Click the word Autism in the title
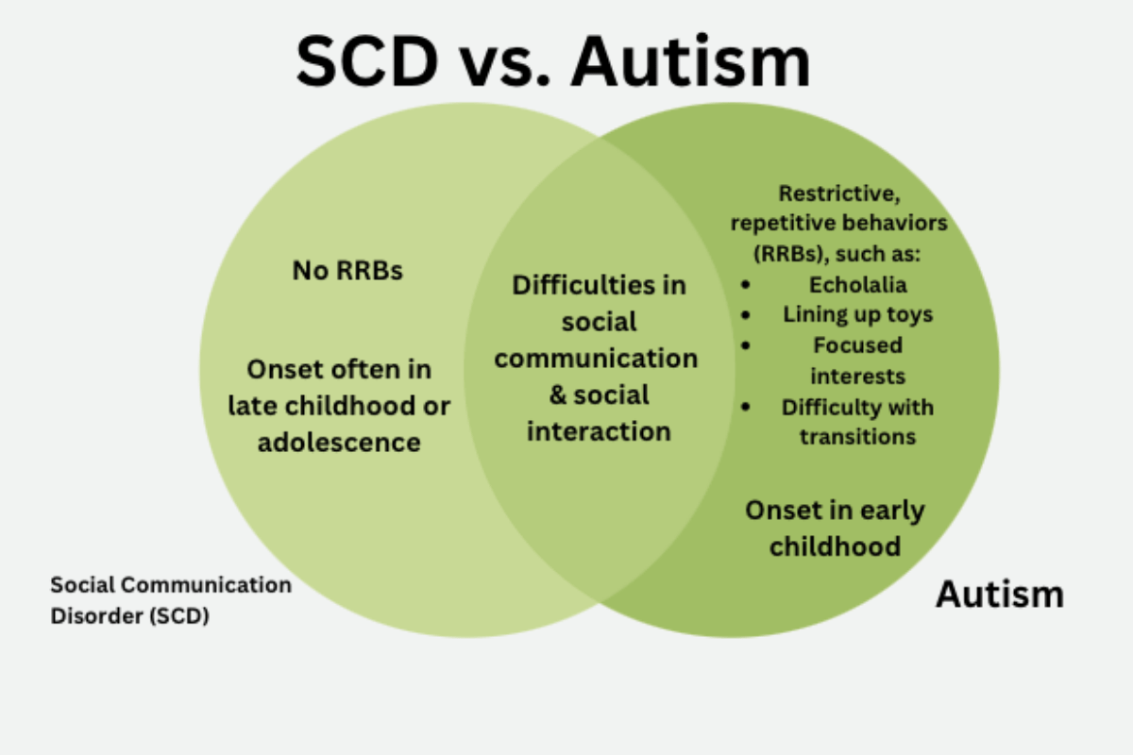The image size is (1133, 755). click(690, 61)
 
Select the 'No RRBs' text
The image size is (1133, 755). click(347, 271)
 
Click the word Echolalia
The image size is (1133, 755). click(857, 284)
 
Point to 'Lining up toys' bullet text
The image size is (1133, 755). click(857, 314)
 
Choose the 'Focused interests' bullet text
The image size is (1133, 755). click(857, 361)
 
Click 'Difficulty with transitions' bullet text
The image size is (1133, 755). click(857, 422)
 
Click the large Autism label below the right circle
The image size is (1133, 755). click(999, 595)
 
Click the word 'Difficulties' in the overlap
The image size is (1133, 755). click(599, 285)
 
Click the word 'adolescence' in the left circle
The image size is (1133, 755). click(339, 441)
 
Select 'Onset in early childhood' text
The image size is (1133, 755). click(835, 528)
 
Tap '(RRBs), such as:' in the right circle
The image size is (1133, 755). click(842, 254)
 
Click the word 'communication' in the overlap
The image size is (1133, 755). click(597, 359)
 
